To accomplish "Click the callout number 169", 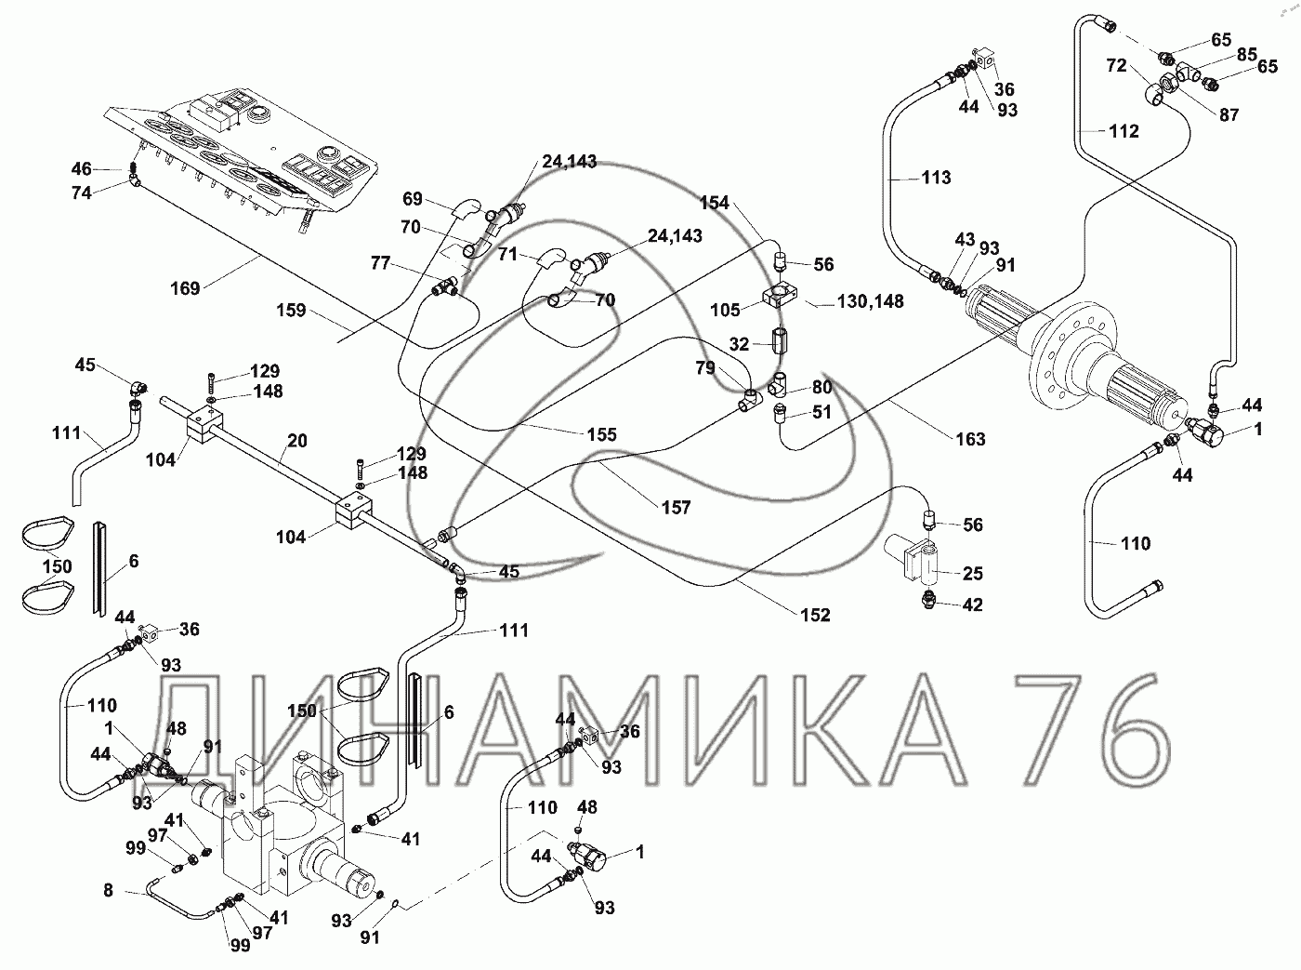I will tap(186, 288).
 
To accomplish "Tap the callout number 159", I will tap(292, 311).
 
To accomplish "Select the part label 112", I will tap(1124, 131).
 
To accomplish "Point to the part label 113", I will tap(936, 177).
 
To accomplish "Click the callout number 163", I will tap(970, 438).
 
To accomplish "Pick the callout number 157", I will tap(677, 507).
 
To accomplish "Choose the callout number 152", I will tap(814, 615).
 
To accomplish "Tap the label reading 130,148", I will tap(870, 302).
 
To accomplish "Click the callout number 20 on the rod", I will tap(296, 441).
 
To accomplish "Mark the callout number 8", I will tap(108, 890).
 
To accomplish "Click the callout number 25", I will tap(973, 574).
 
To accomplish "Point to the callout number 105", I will tap(725, 309).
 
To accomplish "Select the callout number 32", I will tap(739, 344).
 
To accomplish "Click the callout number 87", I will tap(1229, 114).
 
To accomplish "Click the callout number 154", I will tap(716, 204).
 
